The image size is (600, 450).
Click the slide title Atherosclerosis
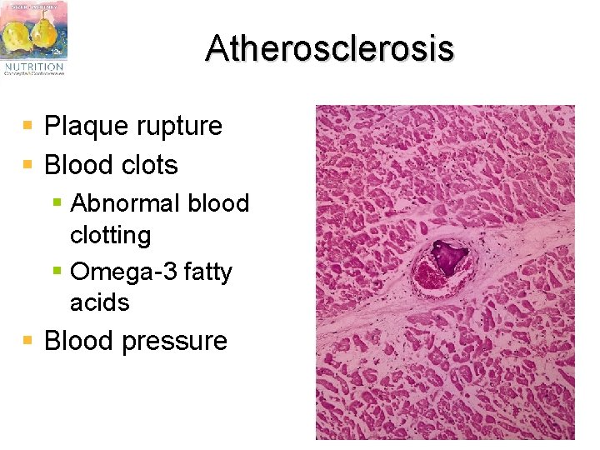click(329, 48)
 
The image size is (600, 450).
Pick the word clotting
click(110, 235)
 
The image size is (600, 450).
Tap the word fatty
click(204, 272)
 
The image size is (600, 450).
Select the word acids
click(100, 302)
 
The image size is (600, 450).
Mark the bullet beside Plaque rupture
click(28, 126)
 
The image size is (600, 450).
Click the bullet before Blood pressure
click(28, 340)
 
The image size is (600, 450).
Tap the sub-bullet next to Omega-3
click(57, 271)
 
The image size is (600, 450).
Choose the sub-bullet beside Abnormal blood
click(57, 202)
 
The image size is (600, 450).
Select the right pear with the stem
click(44, 33)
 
